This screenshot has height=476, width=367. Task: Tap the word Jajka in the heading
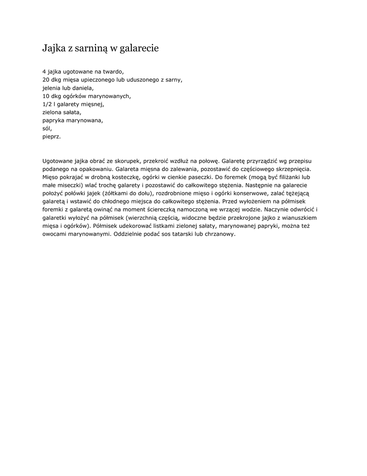pyautogui.click(x=52, y=48)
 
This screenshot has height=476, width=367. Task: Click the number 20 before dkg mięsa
pyautogui.click(x=46, y=79)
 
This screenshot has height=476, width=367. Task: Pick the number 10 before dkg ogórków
pyautogui.click(x=46, y=96)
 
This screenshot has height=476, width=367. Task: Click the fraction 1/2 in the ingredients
pyautogui.click(x=47, y=104)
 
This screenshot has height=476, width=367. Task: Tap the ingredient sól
pyautogui.click(x=47, y=128)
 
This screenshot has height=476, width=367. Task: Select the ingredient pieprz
pyautogui.click(x=52, y=137)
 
